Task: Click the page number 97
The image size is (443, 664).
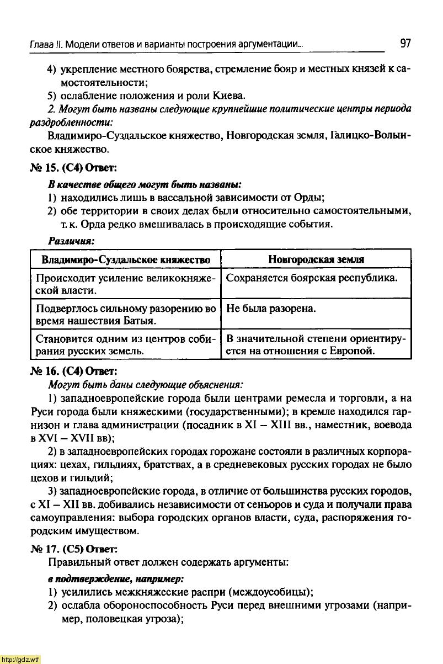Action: [x=405, y=43]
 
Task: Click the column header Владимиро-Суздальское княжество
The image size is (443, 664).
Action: [x=126, y=259]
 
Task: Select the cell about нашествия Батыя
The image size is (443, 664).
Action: [x=126, y=314]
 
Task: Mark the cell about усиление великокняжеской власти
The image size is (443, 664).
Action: [x=126, y=284]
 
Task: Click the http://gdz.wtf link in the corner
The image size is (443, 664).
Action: [x=20, y=659]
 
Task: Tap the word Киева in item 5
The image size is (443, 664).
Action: [x=231, y=95]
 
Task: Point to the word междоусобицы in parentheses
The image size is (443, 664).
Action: [x=279, y=593]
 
